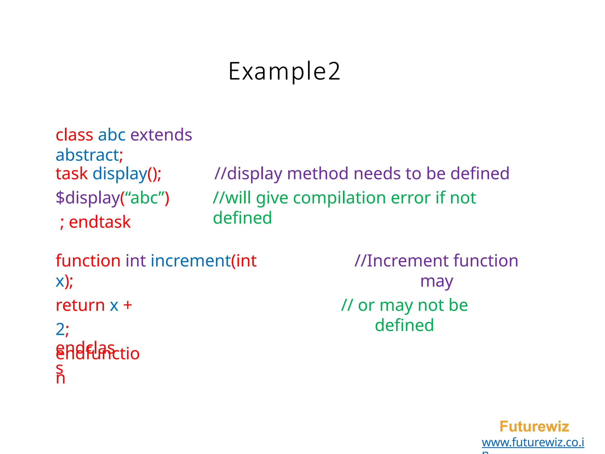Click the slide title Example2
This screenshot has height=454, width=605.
point(284,71)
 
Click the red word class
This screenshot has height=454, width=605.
point(74,135)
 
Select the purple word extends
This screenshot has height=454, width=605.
point(161,135)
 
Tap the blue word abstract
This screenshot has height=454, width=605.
point(87,155)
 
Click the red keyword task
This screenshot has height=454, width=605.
point(71,174)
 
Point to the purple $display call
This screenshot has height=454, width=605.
point(87,198)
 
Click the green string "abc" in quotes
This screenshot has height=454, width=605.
point(145,198)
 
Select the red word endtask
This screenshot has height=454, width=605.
point(100,222)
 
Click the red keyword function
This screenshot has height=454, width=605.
point(88,261)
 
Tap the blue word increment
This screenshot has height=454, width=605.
point(191,261)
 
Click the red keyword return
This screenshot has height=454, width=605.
point(80,305)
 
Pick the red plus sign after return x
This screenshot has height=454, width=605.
point(128,305)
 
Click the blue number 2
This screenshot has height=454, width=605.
point(60,329)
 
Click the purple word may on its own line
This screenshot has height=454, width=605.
point(437,281)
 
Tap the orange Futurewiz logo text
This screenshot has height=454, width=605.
point(534,427)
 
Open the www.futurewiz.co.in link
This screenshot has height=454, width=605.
point(533,442)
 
